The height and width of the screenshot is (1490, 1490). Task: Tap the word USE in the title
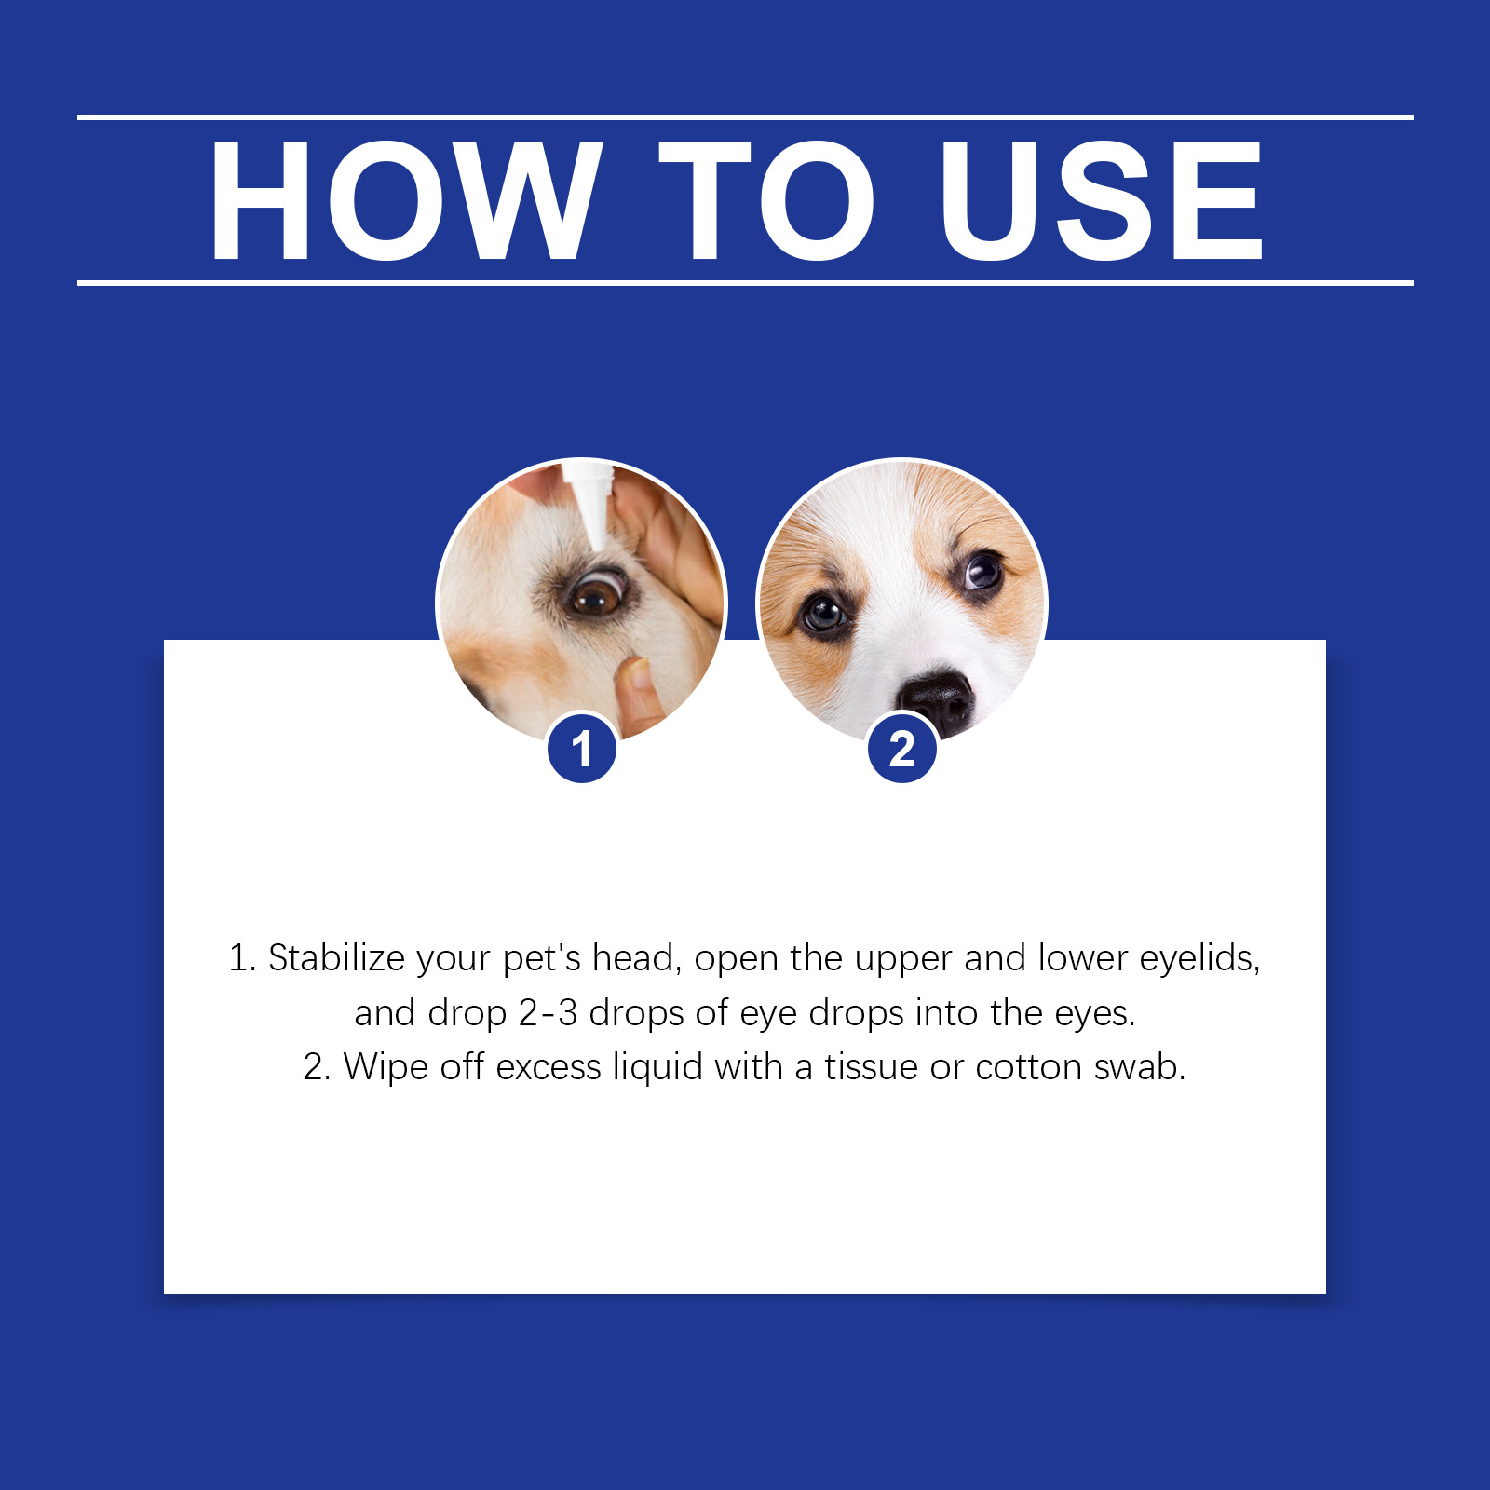click(x=1102, y=200)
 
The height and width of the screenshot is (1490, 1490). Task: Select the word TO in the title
click(x=765, y=200)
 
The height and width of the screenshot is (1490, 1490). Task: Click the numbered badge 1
click(x=582, y=748)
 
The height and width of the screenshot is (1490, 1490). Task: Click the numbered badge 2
click(x=901, y=748)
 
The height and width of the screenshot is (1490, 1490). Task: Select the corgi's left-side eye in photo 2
click(x=824, y=613)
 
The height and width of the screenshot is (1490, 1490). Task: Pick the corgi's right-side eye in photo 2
click(x=983, y=569)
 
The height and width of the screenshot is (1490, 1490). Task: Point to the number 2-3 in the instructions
click(x=548, y=1013)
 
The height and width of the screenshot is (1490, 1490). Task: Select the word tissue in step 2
click(x=872, y=1067)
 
